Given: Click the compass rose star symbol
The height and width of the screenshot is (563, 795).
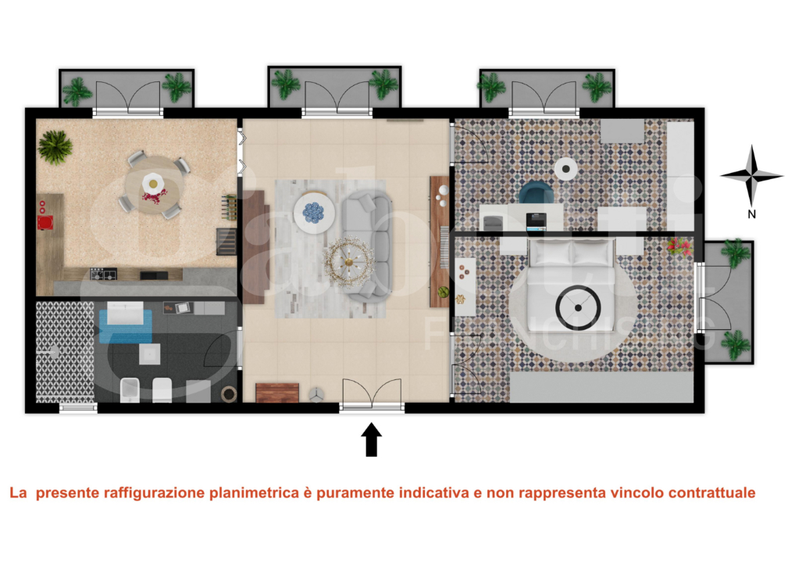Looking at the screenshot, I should (751, 176).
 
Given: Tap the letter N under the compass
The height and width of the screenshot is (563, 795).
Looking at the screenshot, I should (751, 213).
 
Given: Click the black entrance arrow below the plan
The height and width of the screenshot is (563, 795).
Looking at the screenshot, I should (372, 439).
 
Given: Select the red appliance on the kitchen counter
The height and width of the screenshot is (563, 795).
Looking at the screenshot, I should (44, 222).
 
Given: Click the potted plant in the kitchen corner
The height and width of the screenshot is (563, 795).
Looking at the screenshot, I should (55, 145).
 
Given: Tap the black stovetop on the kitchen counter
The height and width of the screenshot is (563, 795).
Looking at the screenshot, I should (104, 274).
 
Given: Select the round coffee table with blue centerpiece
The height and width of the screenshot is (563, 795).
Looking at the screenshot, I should (314, 211).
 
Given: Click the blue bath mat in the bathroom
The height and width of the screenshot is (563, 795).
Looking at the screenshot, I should (125, 322).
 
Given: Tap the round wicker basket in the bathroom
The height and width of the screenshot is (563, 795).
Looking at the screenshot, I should (229, 392).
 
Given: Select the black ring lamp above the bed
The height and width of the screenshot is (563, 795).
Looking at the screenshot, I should (578, 307).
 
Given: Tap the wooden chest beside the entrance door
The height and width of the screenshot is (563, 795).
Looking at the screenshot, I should (277, 393).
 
